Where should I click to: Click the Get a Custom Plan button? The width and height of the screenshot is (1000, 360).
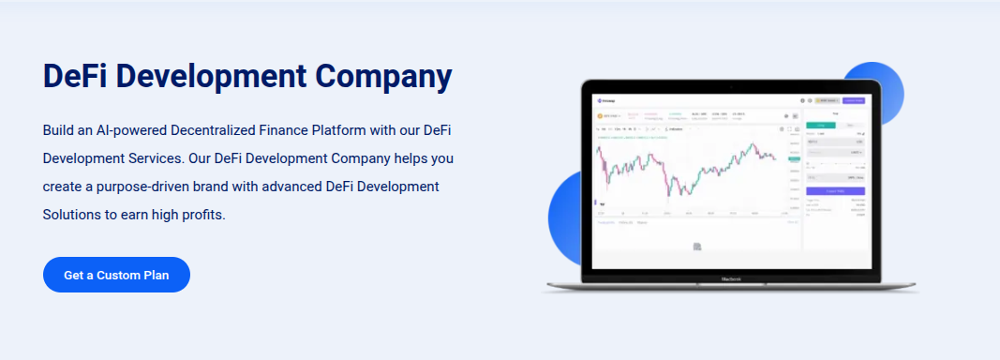click(x=116, y=275)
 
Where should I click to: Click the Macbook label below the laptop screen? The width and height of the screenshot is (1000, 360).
click(x=732, y=278)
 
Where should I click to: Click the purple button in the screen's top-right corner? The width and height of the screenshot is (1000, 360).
click(x=854, y=100)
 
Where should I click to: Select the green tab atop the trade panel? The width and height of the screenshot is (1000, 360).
click(x=821, y=124)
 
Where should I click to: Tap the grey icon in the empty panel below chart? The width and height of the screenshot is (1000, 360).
click(x=697, y=247)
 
